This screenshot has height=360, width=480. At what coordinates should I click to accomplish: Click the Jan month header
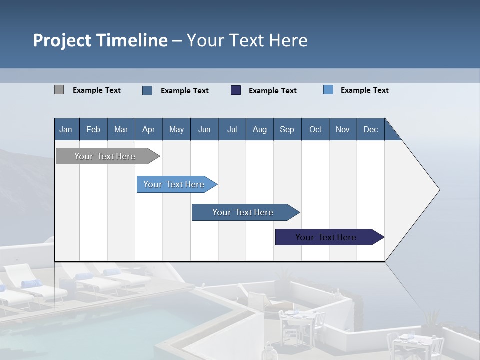pos(66,129)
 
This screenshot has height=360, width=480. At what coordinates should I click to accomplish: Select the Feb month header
pos(93,129)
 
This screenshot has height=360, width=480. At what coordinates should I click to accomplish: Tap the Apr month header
pos(148,129)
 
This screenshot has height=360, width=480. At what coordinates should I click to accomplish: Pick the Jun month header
pos(204,129)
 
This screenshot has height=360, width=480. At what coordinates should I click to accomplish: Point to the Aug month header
pos(259,129)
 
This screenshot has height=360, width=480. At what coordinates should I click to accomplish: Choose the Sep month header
pos(287,129)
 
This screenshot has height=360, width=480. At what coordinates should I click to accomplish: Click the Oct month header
pos(315,129)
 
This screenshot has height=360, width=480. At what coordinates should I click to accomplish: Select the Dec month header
pos(370,129)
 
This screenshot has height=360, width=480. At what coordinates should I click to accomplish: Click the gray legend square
pos(59,90)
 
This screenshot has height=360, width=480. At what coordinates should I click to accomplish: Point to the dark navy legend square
pos(236,90)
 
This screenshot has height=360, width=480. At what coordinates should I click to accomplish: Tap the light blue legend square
pos(328,90)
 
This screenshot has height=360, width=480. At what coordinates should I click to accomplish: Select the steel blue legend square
pos(147,90)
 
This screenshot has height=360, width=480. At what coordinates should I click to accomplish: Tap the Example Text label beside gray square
pos(97,90)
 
